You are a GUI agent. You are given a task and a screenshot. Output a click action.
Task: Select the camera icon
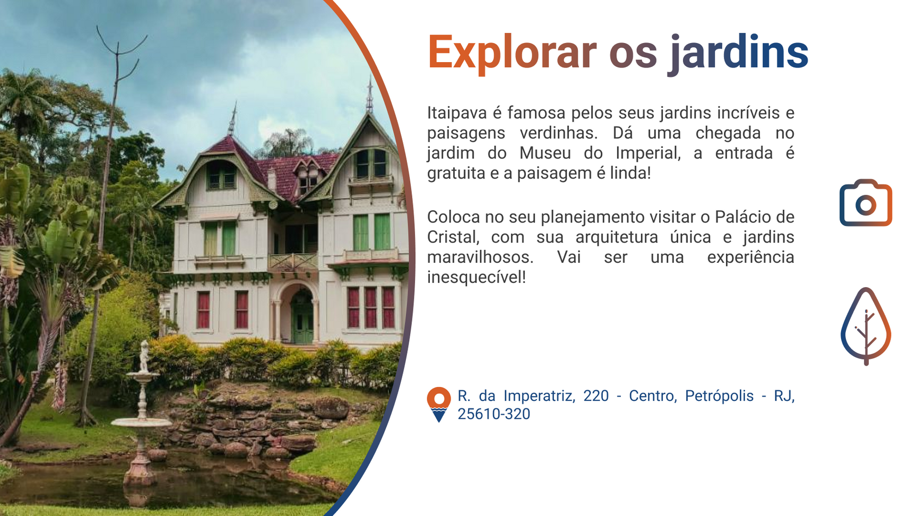[x=866, y=203]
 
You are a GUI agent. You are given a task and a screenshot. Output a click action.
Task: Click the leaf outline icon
[x=866, y=326]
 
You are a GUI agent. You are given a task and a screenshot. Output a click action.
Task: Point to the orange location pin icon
[x=439, y=405]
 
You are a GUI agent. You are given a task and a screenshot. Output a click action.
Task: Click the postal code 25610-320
[x=494, y=414]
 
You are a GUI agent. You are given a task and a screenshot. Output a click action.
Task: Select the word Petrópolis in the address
[x=719, y=396]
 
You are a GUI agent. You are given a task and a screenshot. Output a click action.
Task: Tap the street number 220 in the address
[x=596, y=396]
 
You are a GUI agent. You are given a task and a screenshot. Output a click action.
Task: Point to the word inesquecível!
[x=477, y=277]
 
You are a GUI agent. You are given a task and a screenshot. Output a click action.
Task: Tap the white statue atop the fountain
[x=144, y=356]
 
